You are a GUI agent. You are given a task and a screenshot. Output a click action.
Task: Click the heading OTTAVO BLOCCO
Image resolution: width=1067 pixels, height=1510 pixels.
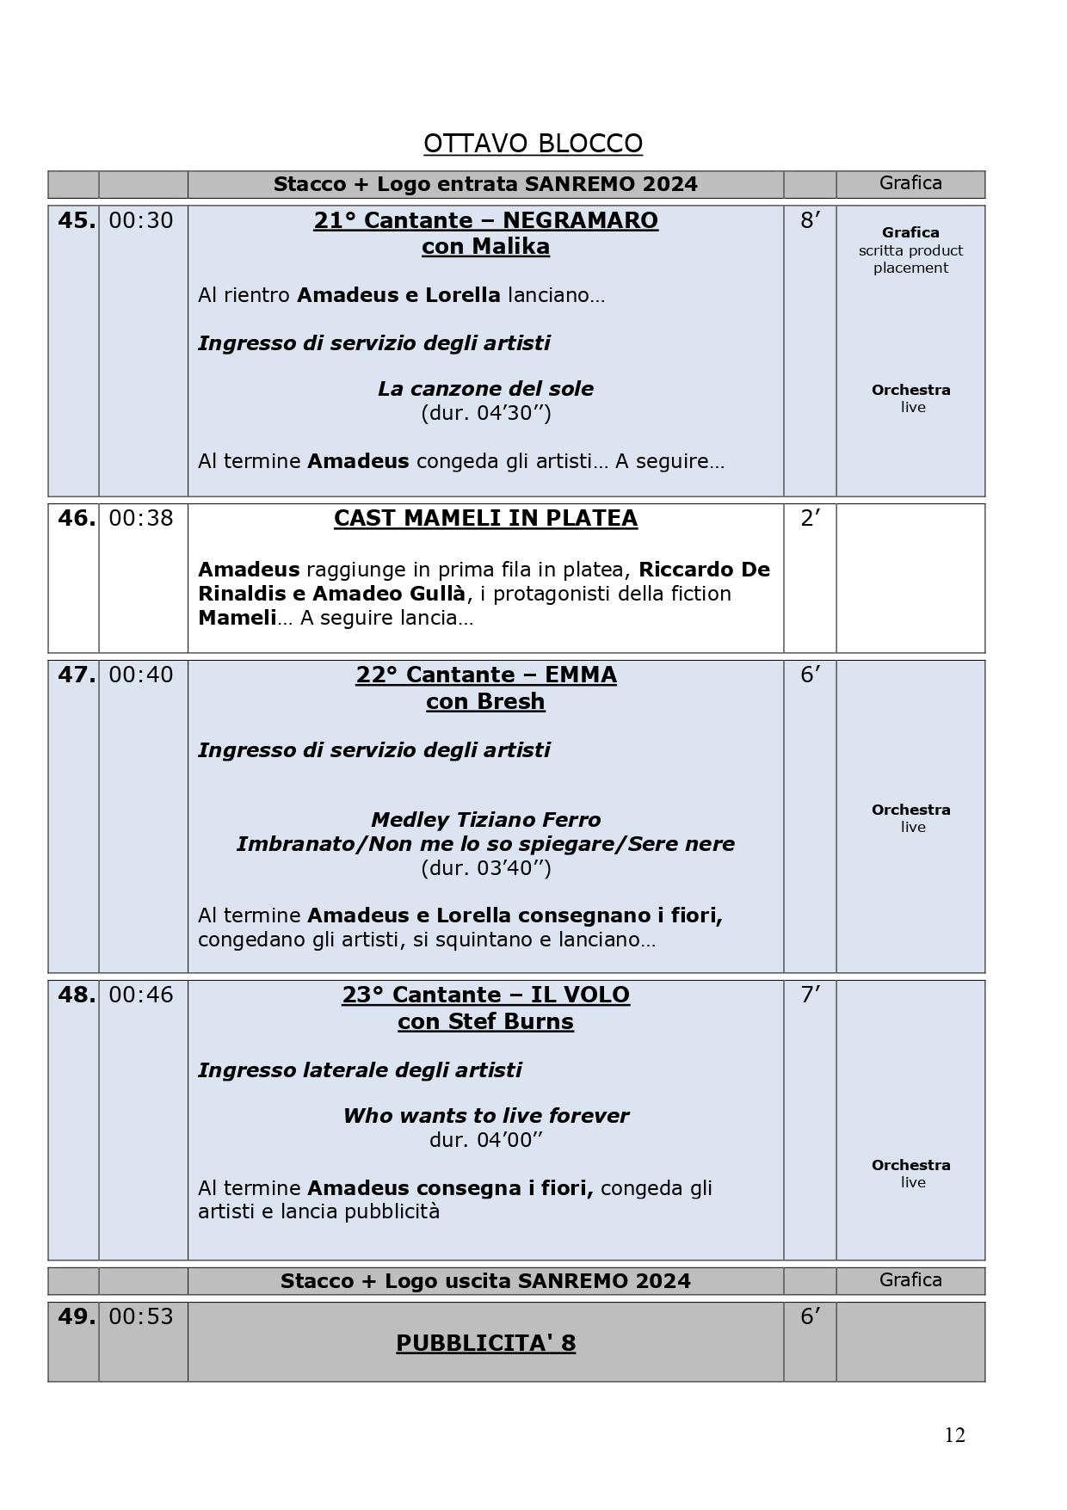click(533, 143)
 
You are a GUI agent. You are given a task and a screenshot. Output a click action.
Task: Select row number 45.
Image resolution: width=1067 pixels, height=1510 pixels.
click(76, 221)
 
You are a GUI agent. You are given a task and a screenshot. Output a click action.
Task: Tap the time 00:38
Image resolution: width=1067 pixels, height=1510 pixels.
click(141, 518)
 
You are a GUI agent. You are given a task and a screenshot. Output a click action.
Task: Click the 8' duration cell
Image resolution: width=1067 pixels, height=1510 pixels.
click(810, 221)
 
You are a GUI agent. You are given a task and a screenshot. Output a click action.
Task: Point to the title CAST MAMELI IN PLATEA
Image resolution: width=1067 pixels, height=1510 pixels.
click(485, 518)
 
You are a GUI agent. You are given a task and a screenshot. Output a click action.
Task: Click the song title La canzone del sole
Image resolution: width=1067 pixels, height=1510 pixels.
click(485, 389)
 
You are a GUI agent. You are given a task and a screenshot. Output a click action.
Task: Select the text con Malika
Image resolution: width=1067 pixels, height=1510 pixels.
click(485, 247)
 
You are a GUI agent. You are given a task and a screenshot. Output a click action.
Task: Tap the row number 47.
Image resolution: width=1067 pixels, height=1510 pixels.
click(76, 675)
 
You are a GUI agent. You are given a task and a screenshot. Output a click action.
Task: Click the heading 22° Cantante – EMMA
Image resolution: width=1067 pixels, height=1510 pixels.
click(485, 675)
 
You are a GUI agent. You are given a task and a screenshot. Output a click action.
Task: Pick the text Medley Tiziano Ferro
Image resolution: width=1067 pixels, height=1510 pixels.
click(485, 820)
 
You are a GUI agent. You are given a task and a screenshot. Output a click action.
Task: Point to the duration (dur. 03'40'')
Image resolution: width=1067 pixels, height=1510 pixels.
click(485, 867)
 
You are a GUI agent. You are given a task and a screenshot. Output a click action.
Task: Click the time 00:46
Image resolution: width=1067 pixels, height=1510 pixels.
click(141, 995)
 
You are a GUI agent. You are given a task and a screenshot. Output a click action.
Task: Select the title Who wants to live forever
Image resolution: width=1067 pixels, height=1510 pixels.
click(485, 1116)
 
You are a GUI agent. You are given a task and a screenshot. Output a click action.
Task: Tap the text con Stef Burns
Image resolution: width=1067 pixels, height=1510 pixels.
click(485, 1021)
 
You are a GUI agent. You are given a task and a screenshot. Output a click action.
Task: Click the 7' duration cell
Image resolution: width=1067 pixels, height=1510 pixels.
click(810, 995)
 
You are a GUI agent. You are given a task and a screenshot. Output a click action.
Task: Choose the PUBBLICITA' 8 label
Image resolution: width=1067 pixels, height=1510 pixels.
click(485, 1343)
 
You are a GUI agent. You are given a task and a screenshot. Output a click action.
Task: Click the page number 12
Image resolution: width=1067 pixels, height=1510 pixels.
click(954, 1435)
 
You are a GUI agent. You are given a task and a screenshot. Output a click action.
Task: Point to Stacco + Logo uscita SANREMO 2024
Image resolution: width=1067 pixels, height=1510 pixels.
click(485, 1281)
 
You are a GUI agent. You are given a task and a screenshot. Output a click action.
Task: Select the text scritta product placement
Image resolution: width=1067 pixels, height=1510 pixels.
click(910, 259)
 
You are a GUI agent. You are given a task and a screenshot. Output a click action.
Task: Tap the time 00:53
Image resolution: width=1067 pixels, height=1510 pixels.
click(141, 1316)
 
